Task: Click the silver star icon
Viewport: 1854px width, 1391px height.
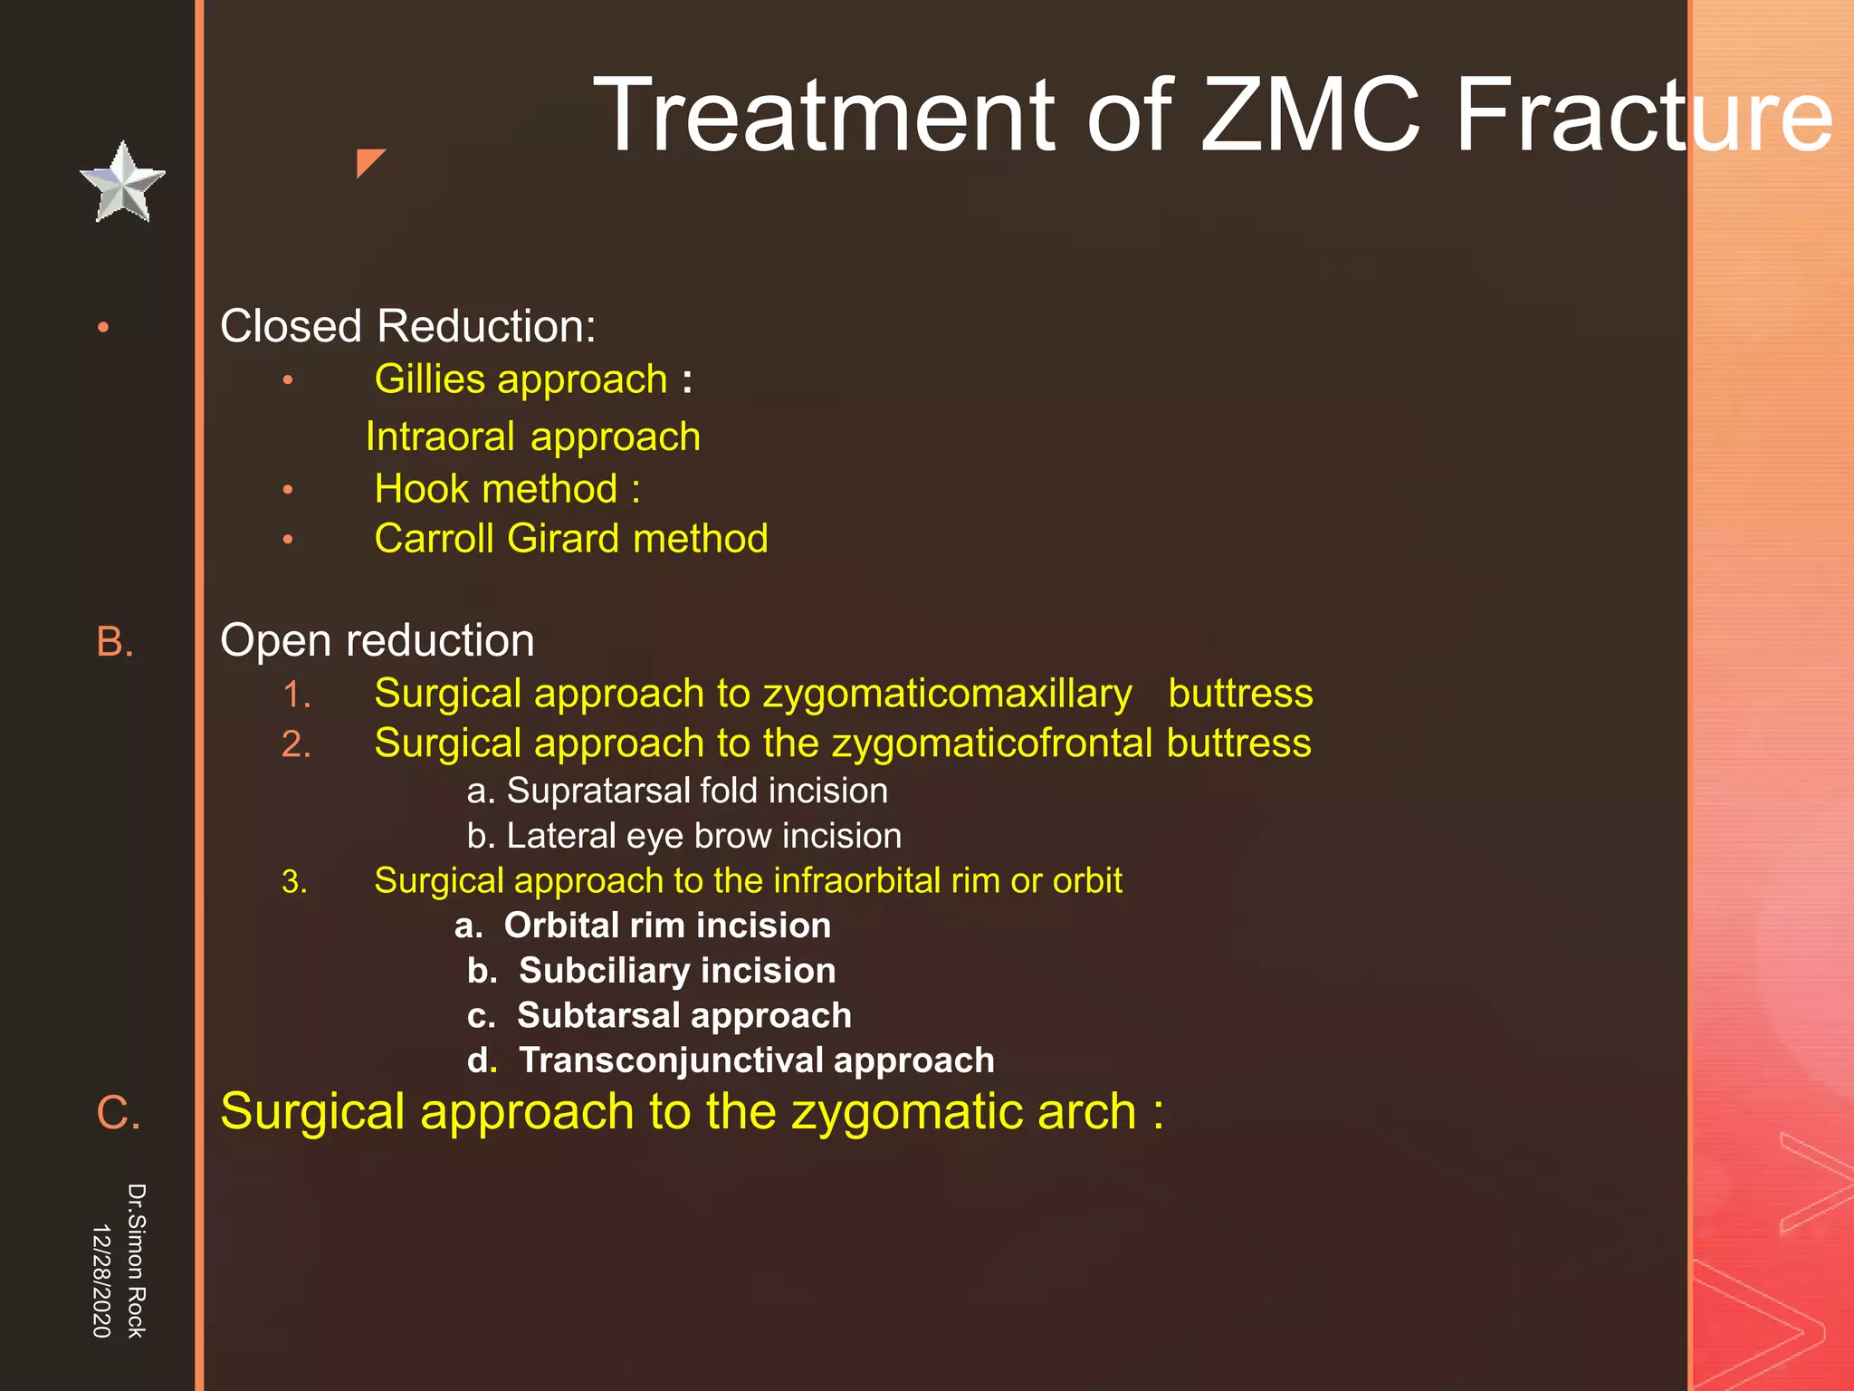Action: [122, 184]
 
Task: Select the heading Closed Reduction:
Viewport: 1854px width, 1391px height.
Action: [407, 326]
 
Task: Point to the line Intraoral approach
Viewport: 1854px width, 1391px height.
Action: [532, 437]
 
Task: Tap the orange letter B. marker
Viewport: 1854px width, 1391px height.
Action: [115, 642]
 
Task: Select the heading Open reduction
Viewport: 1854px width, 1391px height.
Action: [377, 641]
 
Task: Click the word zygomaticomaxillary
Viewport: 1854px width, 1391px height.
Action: [947, 695]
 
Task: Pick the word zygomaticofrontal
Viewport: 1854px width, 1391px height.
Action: [991, 743]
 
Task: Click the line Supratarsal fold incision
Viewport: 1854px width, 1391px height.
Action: [677, 791]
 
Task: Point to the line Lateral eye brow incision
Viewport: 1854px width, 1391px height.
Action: [683, 836]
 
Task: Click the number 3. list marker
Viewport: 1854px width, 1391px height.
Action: [294, 882]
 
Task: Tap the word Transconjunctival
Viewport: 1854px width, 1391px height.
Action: [671, 1060]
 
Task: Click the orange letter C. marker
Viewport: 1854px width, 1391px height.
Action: [119, 1112]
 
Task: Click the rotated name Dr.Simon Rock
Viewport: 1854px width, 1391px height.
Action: [136, 1261]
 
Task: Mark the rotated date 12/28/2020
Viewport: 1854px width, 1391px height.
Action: [101, 1281]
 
